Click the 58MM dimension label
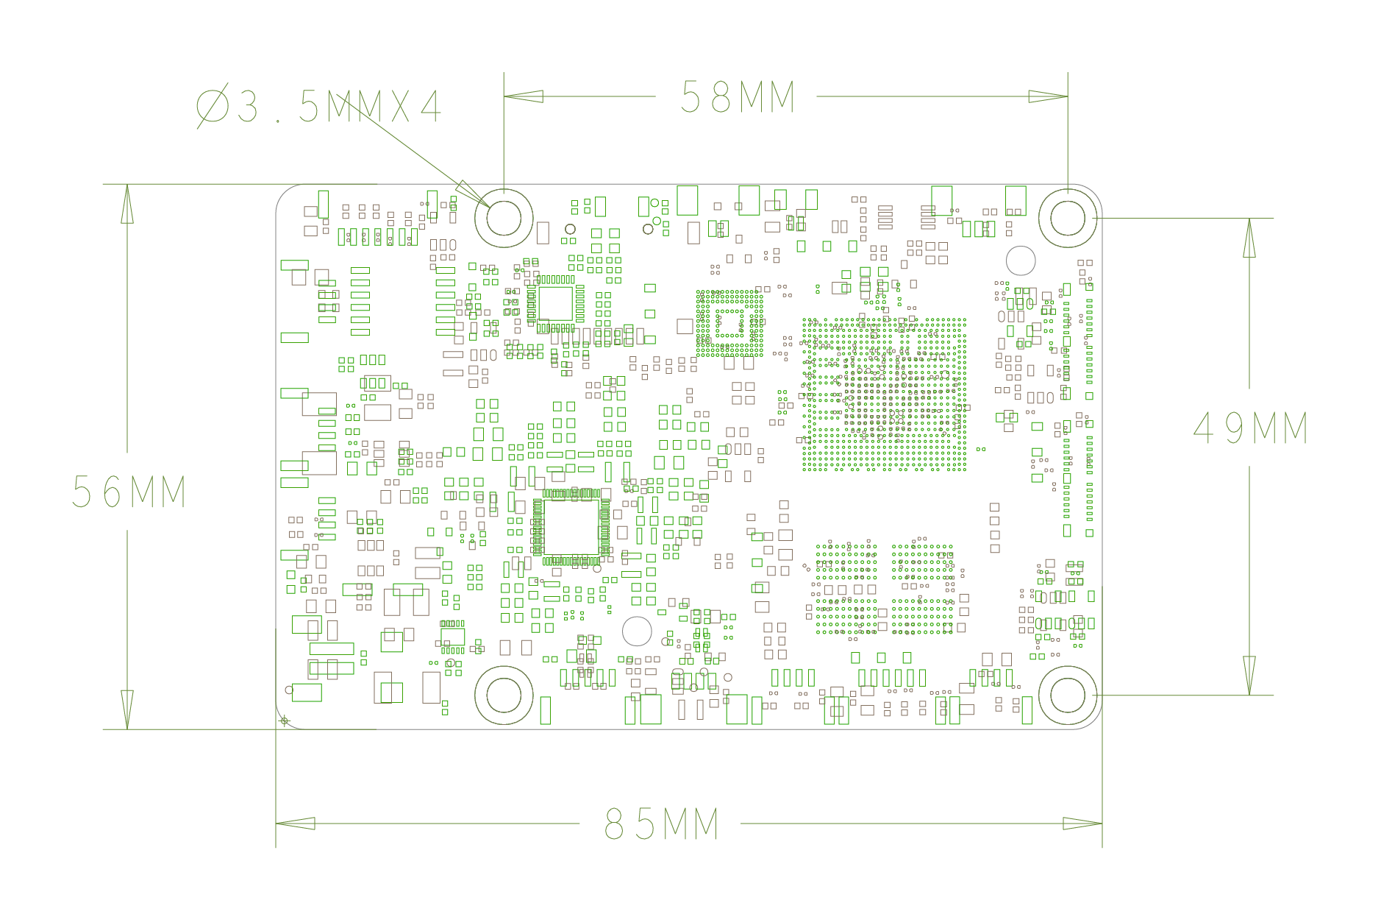pos(738,96)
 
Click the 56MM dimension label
pos(129,491)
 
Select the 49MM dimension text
pos(1250,428)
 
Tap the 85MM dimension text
pos(661,824)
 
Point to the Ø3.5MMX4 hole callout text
pos(318,107)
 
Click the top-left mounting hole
pos(504,218)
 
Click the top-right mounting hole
pos(1068,218)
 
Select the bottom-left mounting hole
pos(504,695)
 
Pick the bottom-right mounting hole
pos(1068,695)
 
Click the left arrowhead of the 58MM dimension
pos(523,96)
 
